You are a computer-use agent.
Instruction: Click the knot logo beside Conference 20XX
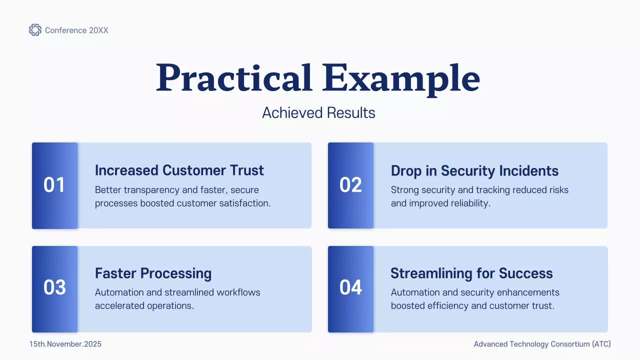[35, 30]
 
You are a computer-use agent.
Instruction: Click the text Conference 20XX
[76, 30]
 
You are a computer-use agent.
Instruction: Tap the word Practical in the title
[233, 78]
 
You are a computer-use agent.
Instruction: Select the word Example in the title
[400, 78]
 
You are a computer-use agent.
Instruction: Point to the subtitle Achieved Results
[318, 112]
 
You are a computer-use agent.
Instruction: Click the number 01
[54, 185]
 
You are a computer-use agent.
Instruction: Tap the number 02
[350, 185]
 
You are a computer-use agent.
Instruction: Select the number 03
[54, 287]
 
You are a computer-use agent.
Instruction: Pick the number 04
[350, 287]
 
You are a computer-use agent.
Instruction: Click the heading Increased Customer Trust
[179, 170]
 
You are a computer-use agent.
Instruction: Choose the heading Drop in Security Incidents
[474, 170]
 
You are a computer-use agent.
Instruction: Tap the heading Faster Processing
[153, 273]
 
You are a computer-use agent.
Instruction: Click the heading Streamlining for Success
[471, 273]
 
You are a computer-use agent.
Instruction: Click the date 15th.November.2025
[65, 344]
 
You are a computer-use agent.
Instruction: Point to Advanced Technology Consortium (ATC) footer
[542, 344]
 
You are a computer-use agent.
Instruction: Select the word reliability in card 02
[469, 203]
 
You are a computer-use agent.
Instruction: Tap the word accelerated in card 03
[117, 305]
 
